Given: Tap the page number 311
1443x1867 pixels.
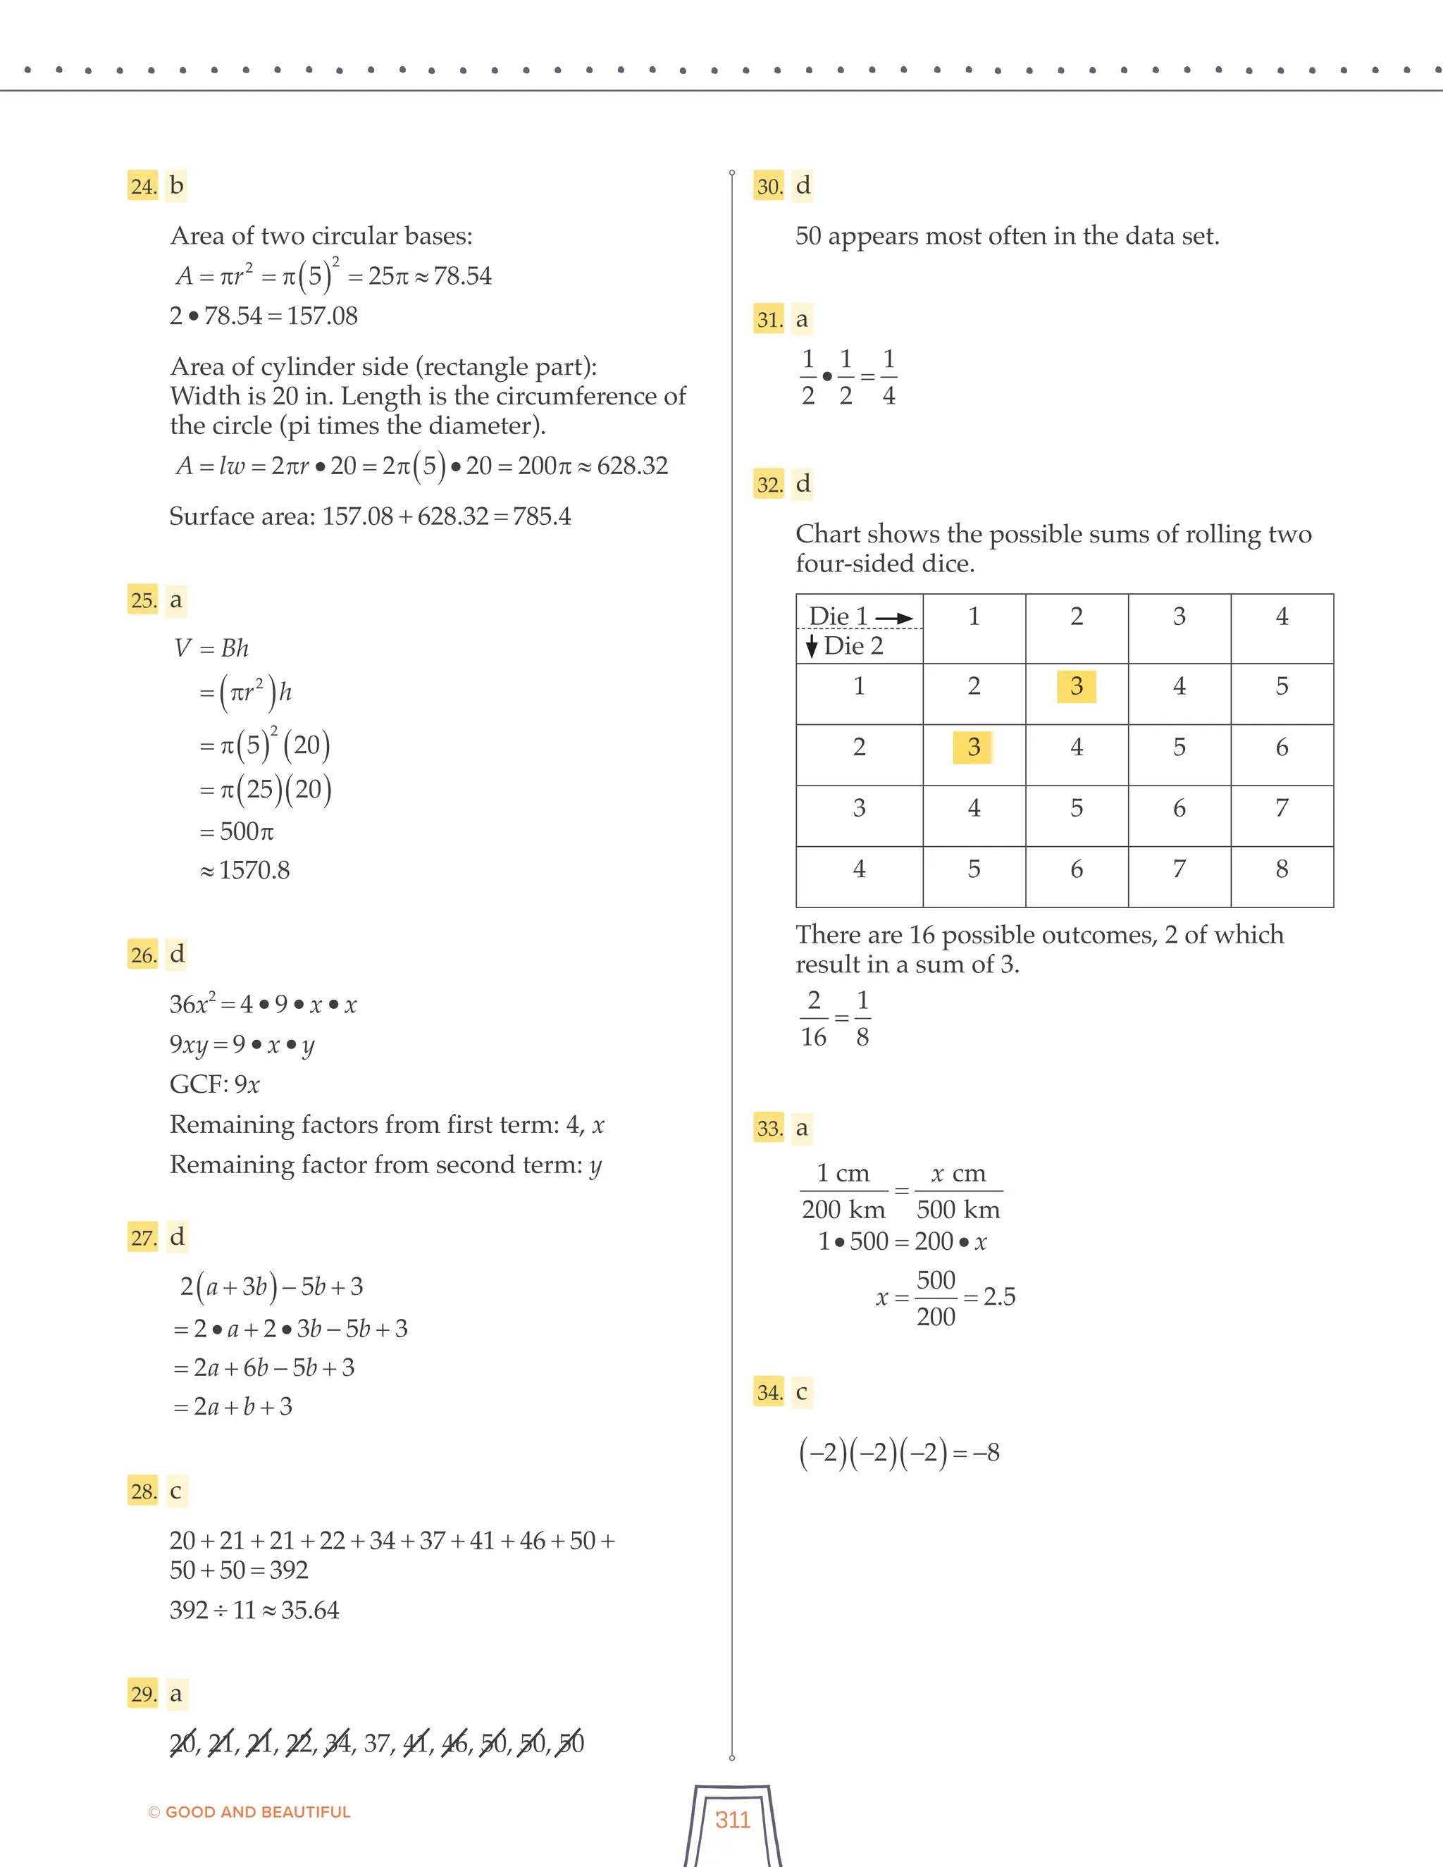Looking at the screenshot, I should [x=733, y=1819].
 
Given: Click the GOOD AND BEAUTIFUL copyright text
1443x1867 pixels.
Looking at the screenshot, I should [x=249, y=1811].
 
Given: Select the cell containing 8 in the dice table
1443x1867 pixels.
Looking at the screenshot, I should [x=1282, y=869].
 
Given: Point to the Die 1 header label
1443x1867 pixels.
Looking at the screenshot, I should [x=838, y=616].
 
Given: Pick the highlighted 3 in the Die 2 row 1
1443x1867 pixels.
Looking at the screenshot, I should [x=1077, y=686].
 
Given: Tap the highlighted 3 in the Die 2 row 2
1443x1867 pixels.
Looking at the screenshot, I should [x=973, y=747].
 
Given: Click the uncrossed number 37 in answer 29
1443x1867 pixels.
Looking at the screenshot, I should [x=377, y=1743].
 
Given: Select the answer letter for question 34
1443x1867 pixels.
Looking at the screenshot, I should [x=801, y=1391].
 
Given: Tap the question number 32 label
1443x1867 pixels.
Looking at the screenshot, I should [x=769, y=485].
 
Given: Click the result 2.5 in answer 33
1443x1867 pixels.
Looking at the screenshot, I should [x=998, y=1297].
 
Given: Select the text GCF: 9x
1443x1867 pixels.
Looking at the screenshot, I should [x=215, y=1085].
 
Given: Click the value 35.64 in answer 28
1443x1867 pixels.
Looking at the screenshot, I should [x=309, y=1611].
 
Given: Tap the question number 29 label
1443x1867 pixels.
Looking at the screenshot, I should [x=143, y=1694].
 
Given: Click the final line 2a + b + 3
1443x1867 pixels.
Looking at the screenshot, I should [x=233, y=1406].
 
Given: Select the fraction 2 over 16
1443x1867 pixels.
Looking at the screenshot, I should [x=814, y=1018].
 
